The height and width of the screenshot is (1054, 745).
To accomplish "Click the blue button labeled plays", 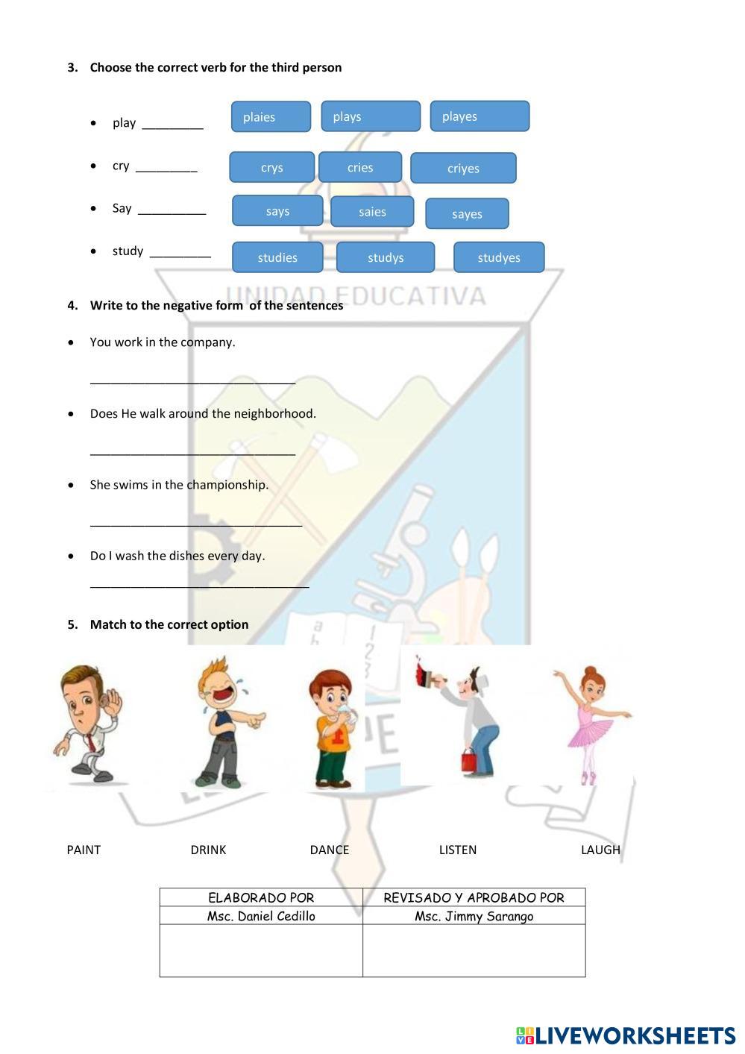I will (x=371, y=116).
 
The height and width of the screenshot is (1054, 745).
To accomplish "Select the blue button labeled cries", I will (x=360, y=167).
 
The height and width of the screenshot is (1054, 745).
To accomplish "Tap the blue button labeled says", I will (x=277, y=211).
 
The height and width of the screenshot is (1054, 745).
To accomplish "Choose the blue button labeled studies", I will (x=277, y=257).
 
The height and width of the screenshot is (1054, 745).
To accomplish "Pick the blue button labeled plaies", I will (x=271, y=117).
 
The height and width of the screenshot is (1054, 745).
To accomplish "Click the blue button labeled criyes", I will (x=463, y=169).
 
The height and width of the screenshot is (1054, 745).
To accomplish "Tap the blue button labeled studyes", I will (x=499, y=257).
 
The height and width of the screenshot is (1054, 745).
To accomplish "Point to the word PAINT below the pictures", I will (x=84, y=850).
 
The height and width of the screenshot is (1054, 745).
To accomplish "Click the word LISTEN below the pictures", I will (x=457, y=850).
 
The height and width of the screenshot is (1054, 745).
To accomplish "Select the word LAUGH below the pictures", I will (x=600, y=850).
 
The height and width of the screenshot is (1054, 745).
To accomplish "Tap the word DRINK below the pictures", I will (x=208, y=850).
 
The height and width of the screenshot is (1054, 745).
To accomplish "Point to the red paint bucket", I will (x=469, y=761).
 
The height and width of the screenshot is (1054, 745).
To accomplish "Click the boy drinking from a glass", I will (x=333, y=727).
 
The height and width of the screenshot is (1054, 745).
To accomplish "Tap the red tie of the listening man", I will (x=90, y=743).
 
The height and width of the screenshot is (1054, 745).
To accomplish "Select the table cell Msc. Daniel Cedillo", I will (x=261, y=916).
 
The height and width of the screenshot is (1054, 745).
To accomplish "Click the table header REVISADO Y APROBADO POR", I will (x=474, y=897).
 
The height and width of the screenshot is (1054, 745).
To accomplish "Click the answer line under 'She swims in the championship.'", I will (x=195, y=524).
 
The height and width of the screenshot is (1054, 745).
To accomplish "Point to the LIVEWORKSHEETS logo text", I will (x=635, y=1035).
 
